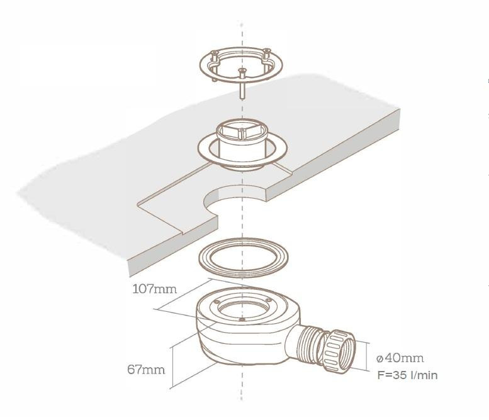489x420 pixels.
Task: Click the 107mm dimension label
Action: tap(155, 289)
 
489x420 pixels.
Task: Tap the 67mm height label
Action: tap(146, 370)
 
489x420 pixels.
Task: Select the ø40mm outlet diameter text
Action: tap(400, 358)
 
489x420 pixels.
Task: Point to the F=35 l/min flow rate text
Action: tap(407, 375)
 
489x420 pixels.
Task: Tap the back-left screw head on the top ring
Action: tap(214, 53)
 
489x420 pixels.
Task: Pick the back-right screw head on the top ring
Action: tap(267, 52)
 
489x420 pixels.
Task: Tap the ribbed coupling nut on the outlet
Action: tap(339, 351)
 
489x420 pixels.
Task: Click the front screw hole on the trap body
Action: tap(242, 319)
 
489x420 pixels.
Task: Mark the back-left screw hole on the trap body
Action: tap(216, 301)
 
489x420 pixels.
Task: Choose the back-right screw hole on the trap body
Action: tap(268, 300)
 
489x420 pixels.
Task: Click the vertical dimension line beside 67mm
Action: tap(172, 367)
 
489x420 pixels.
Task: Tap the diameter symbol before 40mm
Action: tap(379, 359)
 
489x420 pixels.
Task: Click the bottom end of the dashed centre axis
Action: tap(242, 400)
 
